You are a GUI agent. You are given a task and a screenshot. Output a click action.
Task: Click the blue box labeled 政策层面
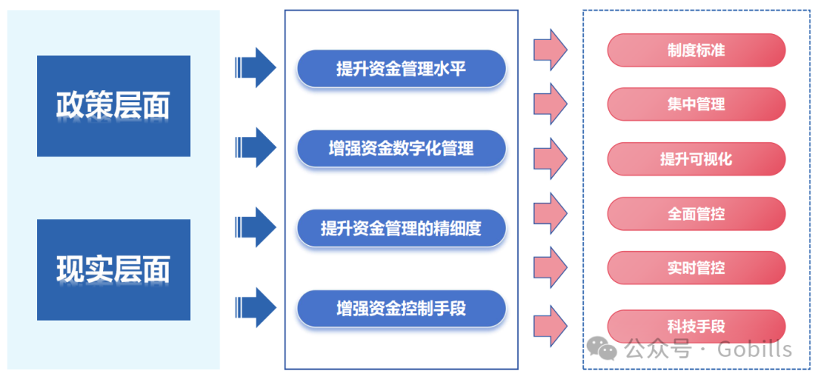tap(114, 106)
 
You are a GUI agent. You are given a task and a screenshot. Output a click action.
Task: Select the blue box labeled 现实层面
tap(114, 269)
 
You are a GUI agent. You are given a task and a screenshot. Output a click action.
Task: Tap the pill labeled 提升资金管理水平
tap(401, 69)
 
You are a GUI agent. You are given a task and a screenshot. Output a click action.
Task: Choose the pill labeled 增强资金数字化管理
tap(401, 149)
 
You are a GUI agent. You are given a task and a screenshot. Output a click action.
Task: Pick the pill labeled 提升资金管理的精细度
tap(401, 228)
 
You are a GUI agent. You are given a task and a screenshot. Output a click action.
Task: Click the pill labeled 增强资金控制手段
tap(401, 309)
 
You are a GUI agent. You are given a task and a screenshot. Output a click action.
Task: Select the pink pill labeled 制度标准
tap(696, 50)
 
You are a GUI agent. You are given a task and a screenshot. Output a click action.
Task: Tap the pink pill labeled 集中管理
tap(696, 104)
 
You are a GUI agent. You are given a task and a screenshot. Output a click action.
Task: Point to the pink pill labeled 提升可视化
tap(696, 160)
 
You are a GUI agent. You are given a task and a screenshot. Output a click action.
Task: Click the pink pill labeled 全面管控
tap(696, 214)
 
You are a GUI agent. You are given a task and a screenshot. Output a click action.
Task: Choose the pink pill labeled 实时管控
tap(696, 268)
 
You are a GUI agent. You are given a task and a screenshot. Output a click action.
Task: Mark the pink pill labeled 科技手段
tap(696, 327)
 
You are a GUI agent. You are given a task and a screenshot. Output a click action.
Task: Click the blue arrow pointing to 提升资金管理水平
tap(255, 68)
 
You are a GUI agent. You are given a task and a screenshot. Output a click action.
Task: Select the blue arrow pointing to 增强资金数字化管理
tap(255, 147)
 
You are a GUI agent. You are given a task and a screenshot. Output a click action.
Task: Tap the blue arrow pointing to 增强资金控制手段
tap(255, 307)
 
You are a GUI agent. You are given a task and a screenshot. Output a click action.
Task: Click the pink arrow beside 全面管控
tap(551, 213)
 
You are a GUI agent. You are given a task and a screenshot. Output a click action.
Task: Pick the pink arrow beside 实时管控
tap(551, 268)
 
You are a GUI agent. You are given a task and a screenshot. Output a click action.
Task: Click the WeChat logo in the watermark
tap(604, 348)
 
